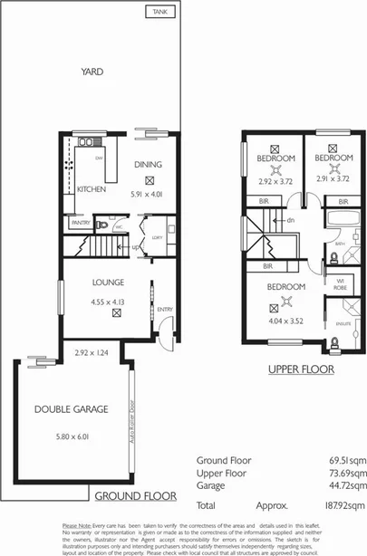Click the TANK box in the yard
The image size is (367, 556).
click(x=160, y=13)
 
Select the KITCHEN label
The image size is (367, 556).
click(x=92, y=190)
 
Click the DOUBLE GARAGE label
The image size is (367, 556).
click(x=71, y=409)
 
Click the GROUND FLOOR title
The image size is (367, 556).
click(x=134, y=496)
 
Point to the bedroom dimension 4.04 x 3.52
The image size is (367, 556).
click(x=287, y=319)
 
